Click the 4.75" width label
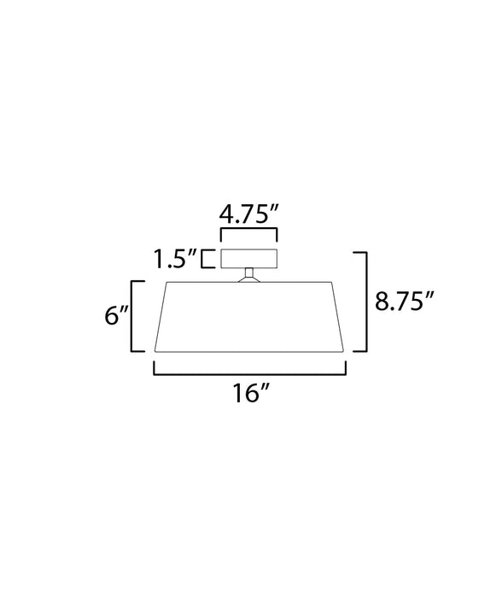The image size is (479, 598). (250, 214)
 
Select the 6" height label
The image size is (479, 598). (115, 316)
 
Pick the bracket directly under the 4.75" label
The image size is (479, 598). (250, 233)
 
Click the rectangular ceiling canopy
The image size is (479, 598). (250, 257)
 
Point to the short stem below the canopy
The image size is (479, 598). (250, 274)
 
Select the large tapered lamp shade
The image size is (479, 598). (249, 316)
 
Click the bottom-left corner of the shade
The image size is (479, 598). (155, 350)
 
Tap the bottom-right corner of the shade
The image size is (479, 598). (344, 350)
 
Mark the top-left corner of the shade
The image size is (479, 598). (165, 281)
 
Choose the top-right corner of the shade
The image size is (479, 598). (334, 281)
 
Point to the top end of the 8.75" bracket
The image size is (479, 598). (359, 253)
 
